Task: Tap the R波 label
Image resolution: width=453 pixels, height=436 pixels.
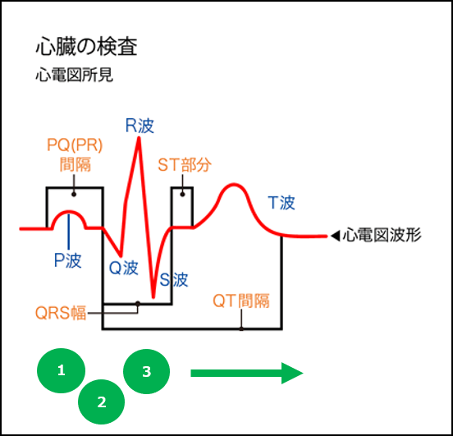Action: [x=140, y=126]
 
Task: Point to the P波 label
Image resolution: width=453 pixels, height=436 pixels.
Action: [x=67, y=259]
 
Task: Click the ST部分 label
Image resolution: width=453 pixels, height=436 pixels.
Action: [x=184, y=164]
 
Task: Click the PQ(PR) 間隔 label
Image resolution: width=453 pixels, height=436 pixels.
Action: [x=74, y=154]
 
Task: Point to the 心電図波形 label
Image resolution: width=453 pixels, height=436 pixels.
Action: [x=382, y=236]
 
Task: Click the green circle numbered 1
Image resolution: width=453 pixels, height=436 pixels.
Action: [x=61, y=370]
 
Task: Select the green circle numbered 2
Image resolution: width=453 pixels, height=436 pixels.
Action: [x=102, y=402]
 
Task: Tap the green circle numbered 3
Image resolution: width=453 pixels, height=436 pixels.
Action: [x=146, y=371]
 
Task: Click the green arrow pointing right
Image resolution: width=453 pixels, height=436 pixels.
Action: [x=246, y=373]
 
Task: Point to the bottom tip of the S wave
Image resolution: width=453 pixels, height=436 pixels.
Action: [x=153, y=297]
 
